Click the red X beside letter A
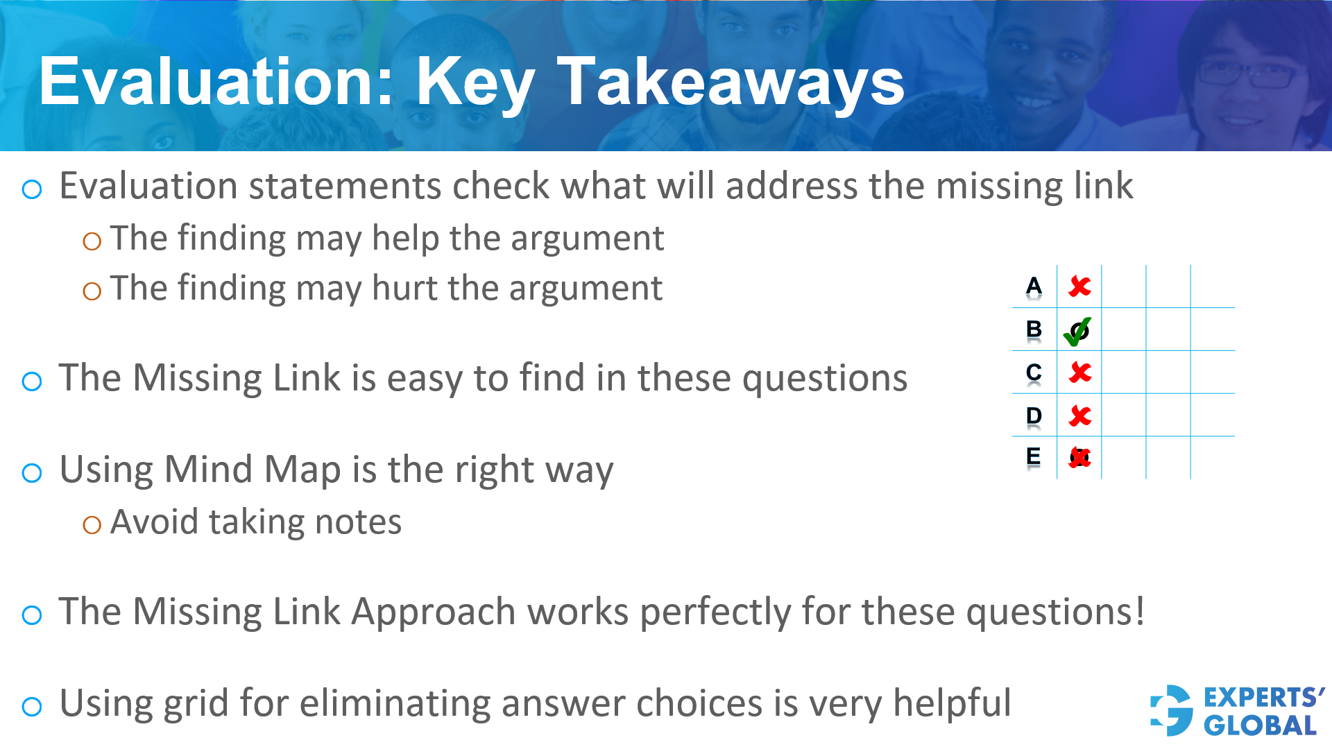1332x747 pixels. coord(1079,286)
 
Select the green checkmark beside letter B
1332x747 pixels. coord(1077,332)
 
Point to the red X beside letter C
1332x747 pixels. coord(1080,372)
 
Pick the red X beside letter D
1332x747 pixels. coord(1080,416)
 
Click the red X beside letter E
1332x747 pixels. coord(1079,457)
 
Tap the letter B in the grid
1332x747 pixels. coord(1034,329)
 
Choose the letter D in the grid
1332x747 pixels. coord(1034,415)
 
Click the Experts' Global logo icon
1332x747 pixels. coord(1171,710)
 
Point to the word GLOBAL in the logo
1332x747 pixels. coord(1260,725)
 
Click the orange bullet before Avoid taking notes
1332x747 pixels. coord(92,525)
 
